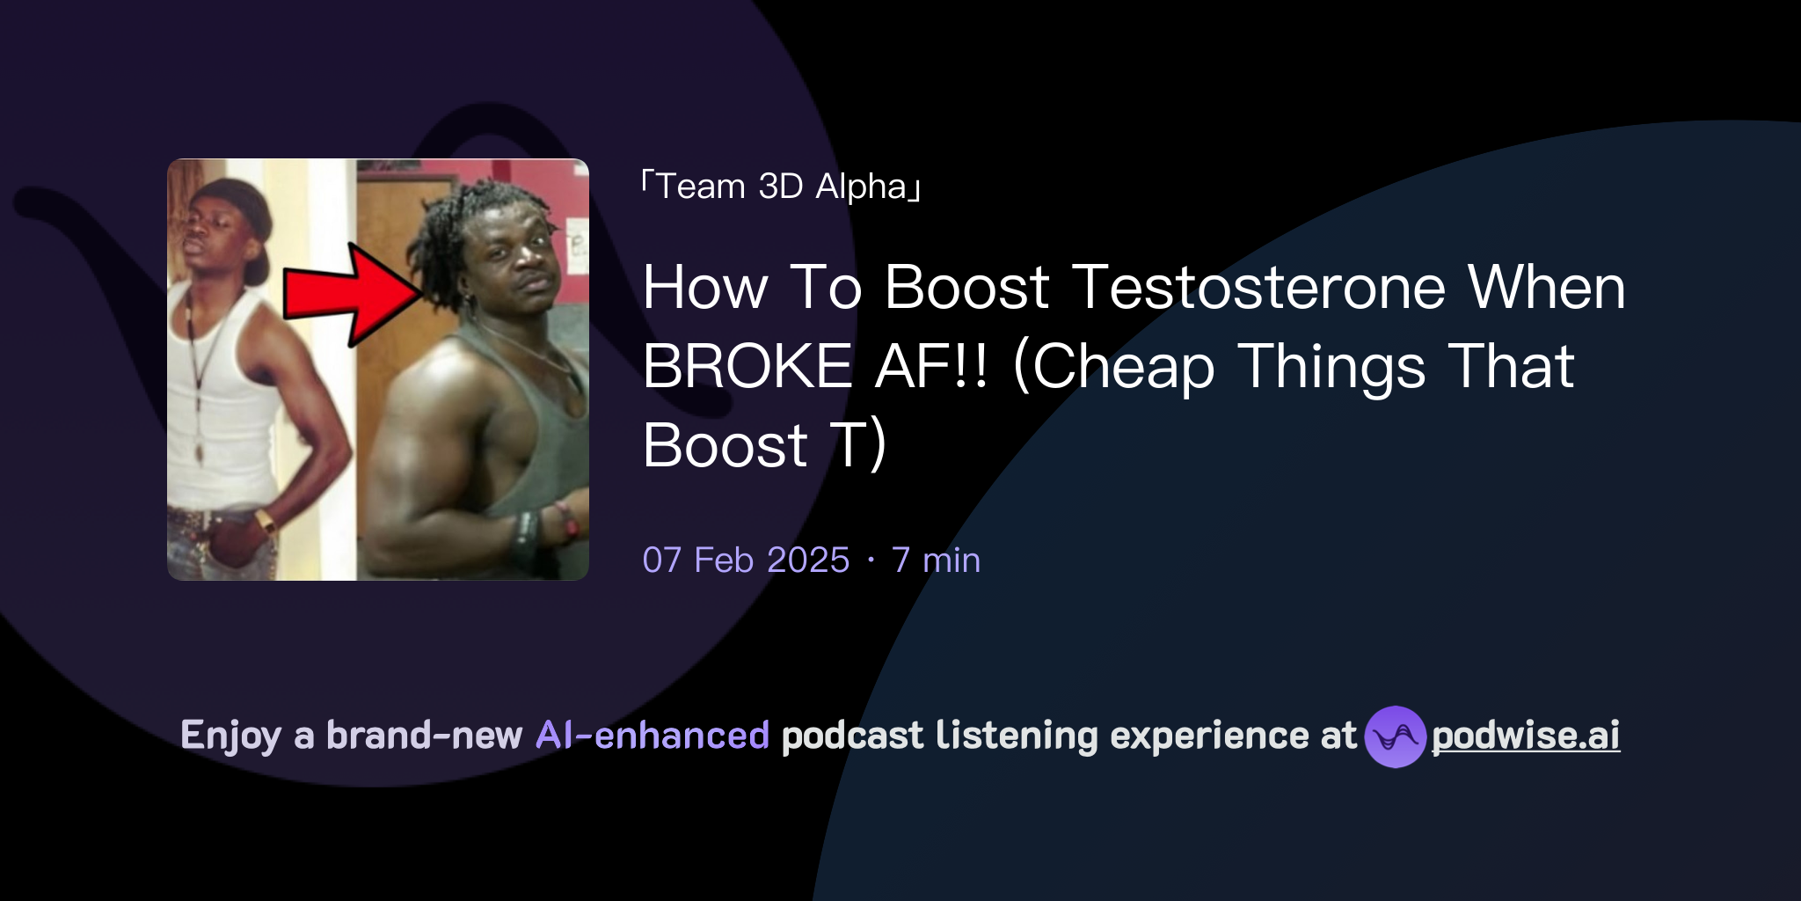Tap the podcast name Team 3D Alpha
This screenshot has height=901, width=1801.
781,187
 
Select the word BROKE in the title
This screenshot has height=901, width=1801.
747,366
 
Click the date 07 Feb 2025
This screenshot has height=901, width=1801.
746,560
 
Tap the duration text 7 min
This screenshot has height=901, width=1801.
936,560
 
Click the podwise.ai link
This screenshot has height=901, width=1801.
1525,736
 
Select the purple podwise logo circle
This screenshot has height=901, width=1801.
1395,736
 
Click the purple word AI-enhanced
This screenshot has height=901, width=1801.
653,736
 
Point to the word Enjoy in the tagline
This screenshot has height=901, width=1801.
230,736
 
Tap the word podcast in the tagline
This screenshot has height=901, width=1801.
852,736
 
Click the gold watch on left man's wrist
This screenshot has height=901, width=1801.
265,521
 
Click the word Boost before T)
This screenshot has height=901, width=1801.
725,445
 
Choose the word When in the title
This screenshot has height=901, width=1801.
1546,288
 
